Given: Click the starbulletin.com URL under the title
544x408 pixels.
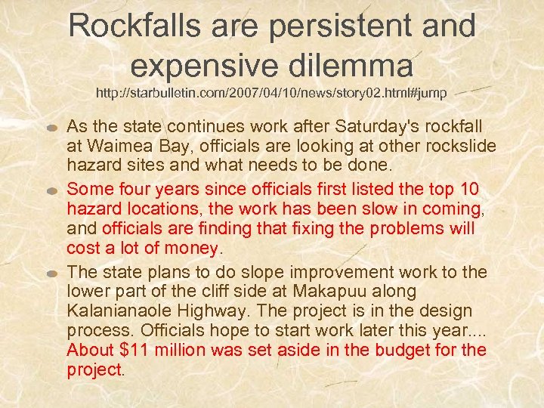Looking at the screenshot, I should tap(271, 94).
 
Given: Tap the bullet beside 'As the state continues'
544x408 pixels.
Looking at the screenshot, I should tap(53, 126).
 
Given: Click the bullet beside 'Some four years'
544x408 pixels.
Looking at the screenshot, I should tap(53, 188).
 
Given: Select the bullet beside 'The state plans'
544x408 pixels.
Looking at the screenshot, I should tap(53, 273).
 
